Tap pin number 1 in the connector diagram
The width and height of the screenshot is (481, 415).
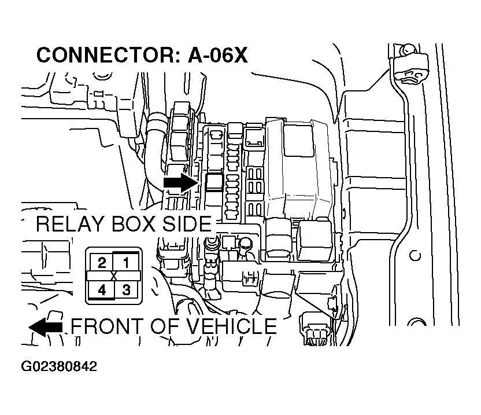[127, 262]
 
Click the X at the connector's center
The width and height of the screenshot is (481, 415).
[114, 276]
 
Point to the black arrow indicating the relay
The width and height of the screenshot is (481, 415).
[180, 182]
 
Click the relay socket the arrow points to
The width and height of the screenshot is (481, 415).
[214, 182]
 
